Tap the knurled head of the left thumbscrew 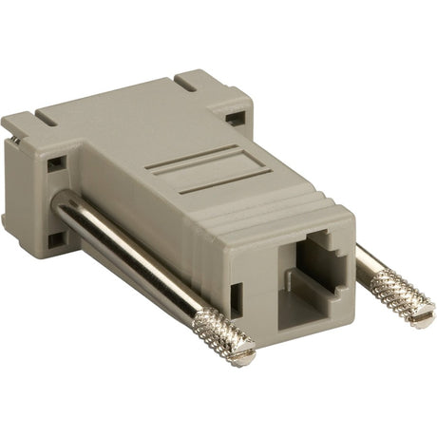(226, 336)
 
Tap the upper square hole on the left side (56, 162)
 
